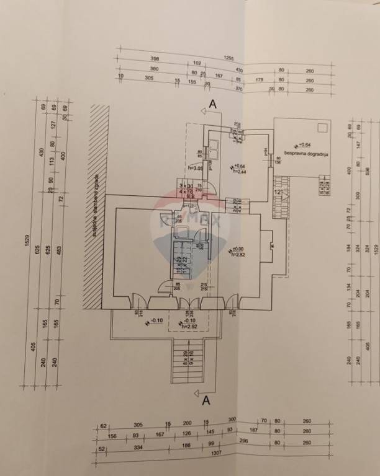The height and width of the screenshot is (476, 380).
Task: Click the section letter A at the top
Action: coord(214,105)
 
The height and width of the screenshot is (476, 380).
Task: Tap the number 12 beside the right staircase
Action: coord(279,193)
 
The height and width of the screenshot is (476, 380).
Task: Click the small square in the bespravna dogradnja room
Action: coord(322,128)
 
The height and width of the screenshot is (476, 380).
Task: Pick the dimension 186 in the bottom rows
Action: coord(188,443)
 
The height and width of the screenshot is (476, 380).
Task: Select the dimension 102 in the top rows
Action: coord(197,63)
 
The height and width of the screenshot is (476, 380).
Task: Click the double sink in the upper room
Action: coord(214,149)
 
